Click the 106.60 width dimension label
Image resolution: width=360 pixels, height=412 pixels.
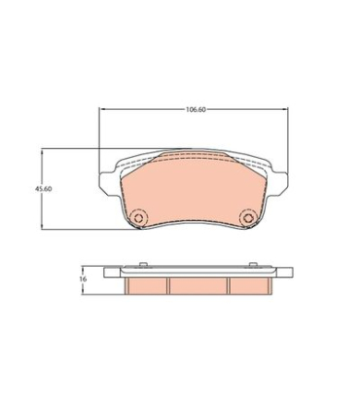click(196, 109)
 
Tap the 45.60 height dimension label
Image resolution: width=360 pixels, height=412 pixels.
click(44, 189)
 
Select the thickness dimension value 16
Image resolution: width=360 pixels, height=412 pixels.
click(83, 279)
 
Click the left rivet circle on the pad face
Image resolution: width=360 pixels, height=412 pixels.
click(138, 217)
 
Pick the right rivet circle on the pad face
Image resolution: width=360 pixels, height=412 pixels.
click(248, 217)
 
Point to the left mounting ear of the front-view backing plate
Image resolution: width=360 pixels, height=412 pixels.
click(109, 183)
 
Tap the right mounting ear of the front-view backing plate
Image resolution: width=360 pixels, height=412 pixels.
click(278, 183)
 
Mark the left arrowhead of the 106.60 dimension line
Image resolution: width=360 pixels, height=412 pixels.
click(101, 109)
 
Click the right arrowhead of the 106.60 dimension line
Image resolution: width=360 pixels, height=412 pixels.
click(285, 109)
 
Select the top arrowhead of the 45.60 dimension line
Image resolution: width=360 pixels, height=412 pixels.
click(42, 152)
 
